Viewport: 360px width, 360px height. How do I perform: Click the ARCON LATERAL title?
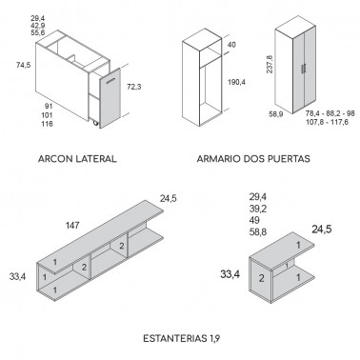pos(77,158)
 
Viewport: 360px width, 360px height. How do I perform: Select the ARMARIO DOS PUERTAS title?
pos(253,158)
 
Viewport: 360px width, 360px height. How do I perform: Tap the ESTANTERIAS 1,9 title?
pos(181,338)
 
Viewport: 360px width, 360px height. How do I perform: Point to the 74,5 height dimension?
pos(24,66)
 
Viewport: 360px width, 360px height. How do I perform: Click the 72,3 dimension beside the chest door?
pos(134,87)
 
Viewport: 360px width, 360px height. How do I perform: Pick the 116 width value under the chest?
pos(47,124)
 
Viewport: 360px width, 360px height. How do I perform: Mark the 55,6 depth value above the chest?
pos(38,32)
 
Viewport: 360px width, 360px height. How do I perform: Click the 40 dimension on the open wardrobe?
pos(231,45)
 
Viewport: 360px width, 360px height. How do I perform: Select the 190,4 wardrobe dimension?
pos(236,82)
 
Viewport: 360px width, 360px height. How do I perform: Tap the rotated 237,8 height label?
pos(270,64)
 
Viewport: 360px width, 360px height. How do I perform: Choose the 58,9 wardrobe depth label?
pos(276,114)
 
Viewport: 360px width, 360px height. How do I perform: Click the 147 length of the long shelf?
pos(72,226)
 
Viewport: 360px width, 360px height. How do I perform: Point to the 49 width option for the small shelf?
pos(254,220)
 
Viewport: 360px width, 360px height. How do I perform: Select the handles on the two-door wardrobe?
pos(304,69)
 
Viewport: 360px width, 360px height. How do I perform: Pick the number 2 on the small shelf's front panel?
pos(261,278)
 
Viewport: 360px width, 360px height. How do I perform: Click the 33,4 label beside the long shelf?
pos(18,276)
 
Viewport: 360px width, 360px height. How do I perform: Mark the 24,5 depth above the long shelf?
pos(169,199)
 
